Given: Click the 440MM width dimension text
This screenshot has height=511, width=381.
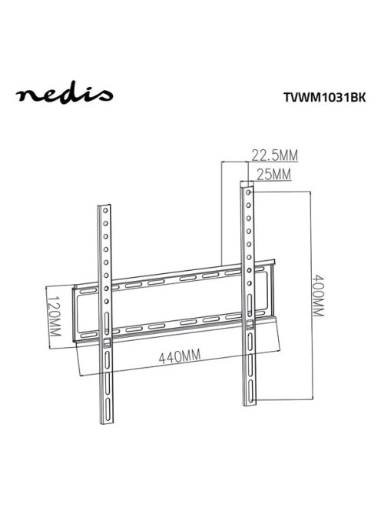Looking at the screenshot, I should pos(174,356).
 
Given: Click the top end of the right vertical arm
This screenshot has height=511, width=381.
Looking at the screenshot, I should pos(246,185).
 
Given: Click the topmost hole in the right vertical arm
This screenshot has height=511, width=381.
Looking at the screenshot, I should pos(247,195).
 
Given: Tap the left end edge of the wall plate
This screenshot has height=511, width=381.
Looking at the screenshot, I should pos(75,316).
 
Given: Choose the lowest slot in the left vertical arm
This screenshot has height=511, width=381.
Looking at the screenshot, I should pos(108,396).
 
